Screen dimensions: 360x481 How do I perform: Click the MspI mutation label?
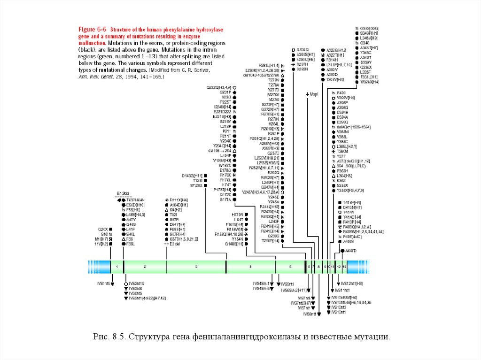[x=314, y=94]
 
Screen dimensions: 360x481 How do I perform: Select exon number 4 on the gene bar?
[x=250, y=267]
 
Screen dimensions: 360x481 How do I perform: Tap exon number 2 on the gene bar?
[x=145, y=267]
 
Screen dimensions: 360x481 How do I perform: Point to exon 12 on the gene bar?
[x=339, y=267]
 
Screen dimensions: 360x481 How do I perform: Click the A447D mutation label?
[x=351, y=251]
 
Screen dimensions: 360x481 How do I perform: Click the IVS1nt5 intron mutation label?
[x=103, y=284]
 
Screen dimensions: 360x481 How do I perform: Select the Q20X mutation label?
[x=103, y=229]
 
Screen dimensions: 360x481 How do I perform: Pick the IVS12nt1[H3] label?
[x=352, y=283]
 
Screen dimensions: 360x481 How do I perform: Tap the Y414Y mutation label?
[x=349, y=212]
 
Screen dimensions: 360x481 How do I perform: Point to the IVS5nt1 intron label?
[x=287, y=284]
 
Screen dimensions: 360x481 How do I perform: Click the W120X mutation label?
[x=196, y=185]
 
